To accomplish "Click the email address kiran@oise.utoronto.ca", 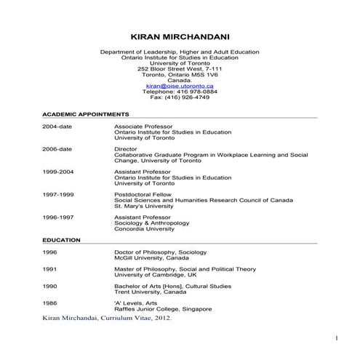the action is [x=179, y=86].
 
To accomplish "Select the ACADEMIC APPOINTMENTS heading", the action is [x=86, y=115].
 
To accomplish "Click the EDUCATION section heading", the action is [x=61, y=239].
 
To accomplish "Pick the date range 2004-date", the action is [x=57, y=126].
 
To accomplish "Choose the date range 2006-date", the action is [x=57, y=148].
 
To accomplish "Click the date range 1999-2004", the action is [x=57, y=172].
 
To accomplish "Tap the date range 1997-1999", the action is [x=57, y=194].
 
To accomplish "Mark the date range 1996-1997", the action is [x=57, y=217].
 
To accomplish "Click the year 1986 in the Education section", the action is [x=49, y=303].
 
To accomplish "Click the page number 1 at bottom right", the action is [x=337, y=339].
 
